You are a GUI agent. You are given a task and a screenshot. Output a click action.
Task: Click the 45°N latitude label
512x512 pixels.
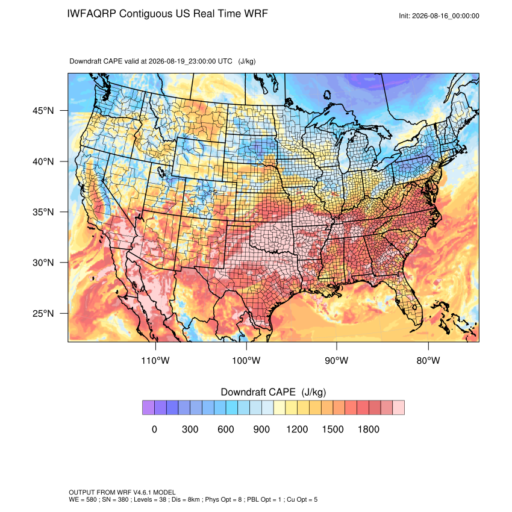point(43,111)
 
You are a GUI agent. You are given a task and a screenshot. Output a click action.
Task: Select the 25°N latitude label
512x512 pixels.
point(43,313)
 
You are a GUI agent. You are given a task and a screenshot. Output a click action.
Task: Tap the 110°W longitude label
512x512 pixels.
point(155,361)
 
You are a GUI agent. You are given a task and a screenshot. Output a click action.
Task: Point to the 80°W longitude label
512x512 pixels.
point(428,361)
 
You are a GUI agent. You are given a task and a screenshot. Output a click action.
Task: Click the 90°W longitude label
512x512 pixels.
point(336,361)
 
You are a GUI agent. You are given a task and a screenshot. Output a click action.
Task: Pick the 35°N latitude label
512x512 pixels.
point(43,212)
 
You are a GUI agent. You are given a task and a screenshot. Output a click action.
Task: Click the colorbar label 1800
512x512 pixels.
point(369,429)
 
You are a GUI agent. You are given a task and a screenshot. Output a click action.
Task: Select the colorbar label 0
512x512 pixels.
point(154,429)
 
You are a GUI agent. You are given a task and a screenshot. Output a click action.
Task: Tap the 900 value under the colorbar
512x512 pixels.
point(261,429)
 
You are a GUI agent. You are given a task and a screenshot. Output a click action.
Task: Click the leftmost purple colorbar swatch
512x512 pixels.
point(148,408)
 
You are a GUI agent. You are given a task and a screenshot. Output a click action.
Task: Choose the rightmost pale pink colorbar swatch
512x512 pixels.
point(398,408)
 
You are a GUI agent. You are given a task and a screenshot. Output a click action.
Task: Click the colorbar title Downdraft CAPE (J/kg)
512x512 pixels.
point(273,392)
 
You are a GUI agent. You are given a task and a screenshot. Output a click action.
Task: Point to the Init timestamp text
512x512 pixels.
point(439,16)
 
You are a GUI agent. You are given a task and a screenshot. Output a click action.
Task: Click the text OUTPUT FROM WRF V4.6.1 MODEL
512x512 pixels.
point(122,492)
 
